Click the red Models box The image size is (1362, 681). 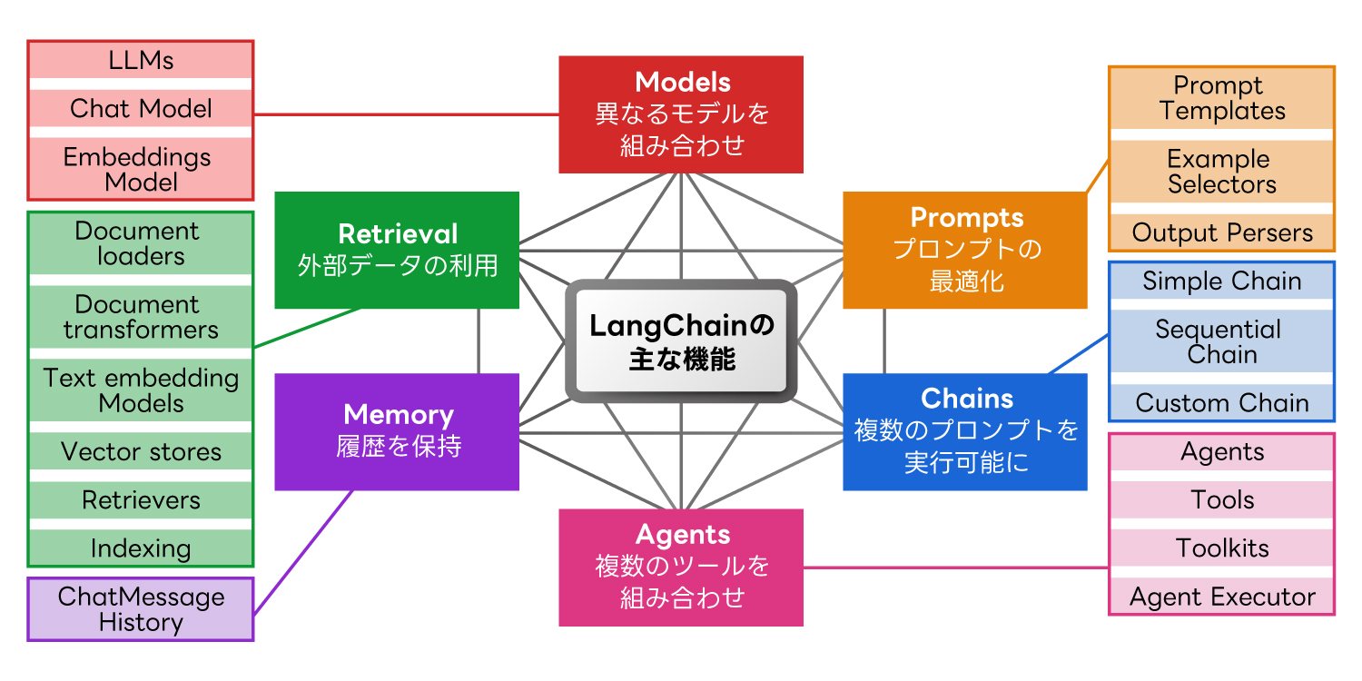(681, 114)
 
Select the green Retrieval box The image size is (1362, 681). (397, 250)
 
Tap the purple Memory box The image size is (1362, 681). (397, 431)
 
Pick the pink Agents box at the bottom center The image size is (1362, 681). (681, 567)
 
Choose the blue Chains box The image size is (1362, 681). (965, 431)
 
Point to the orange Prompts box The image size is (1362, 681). (965, 250)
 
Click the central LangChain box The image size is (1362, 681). (681, 340)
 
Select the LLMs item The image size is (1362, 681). (141, 61)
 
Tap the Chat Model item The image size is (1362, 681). (141, 109)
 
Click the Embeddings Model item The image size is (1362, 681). (141, 169)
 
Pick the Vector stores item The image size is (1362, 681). (141, 451)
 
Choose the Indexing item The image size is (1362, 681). (141, 548)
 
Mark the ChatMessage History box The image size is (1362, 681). (141, 609)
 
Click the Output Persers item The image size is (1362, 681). (1222, 233)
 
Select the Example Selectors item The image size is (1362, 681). (1222, 172)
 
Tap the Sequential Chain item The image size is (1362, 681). (1222, 341)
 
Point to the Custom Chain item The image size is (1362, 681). (1222, 403)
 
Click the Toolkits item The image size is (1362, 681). (1222, 548)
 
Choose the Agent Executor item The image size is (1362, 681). (1222, 597)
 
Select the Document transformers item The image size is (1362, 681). (141, 317)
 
